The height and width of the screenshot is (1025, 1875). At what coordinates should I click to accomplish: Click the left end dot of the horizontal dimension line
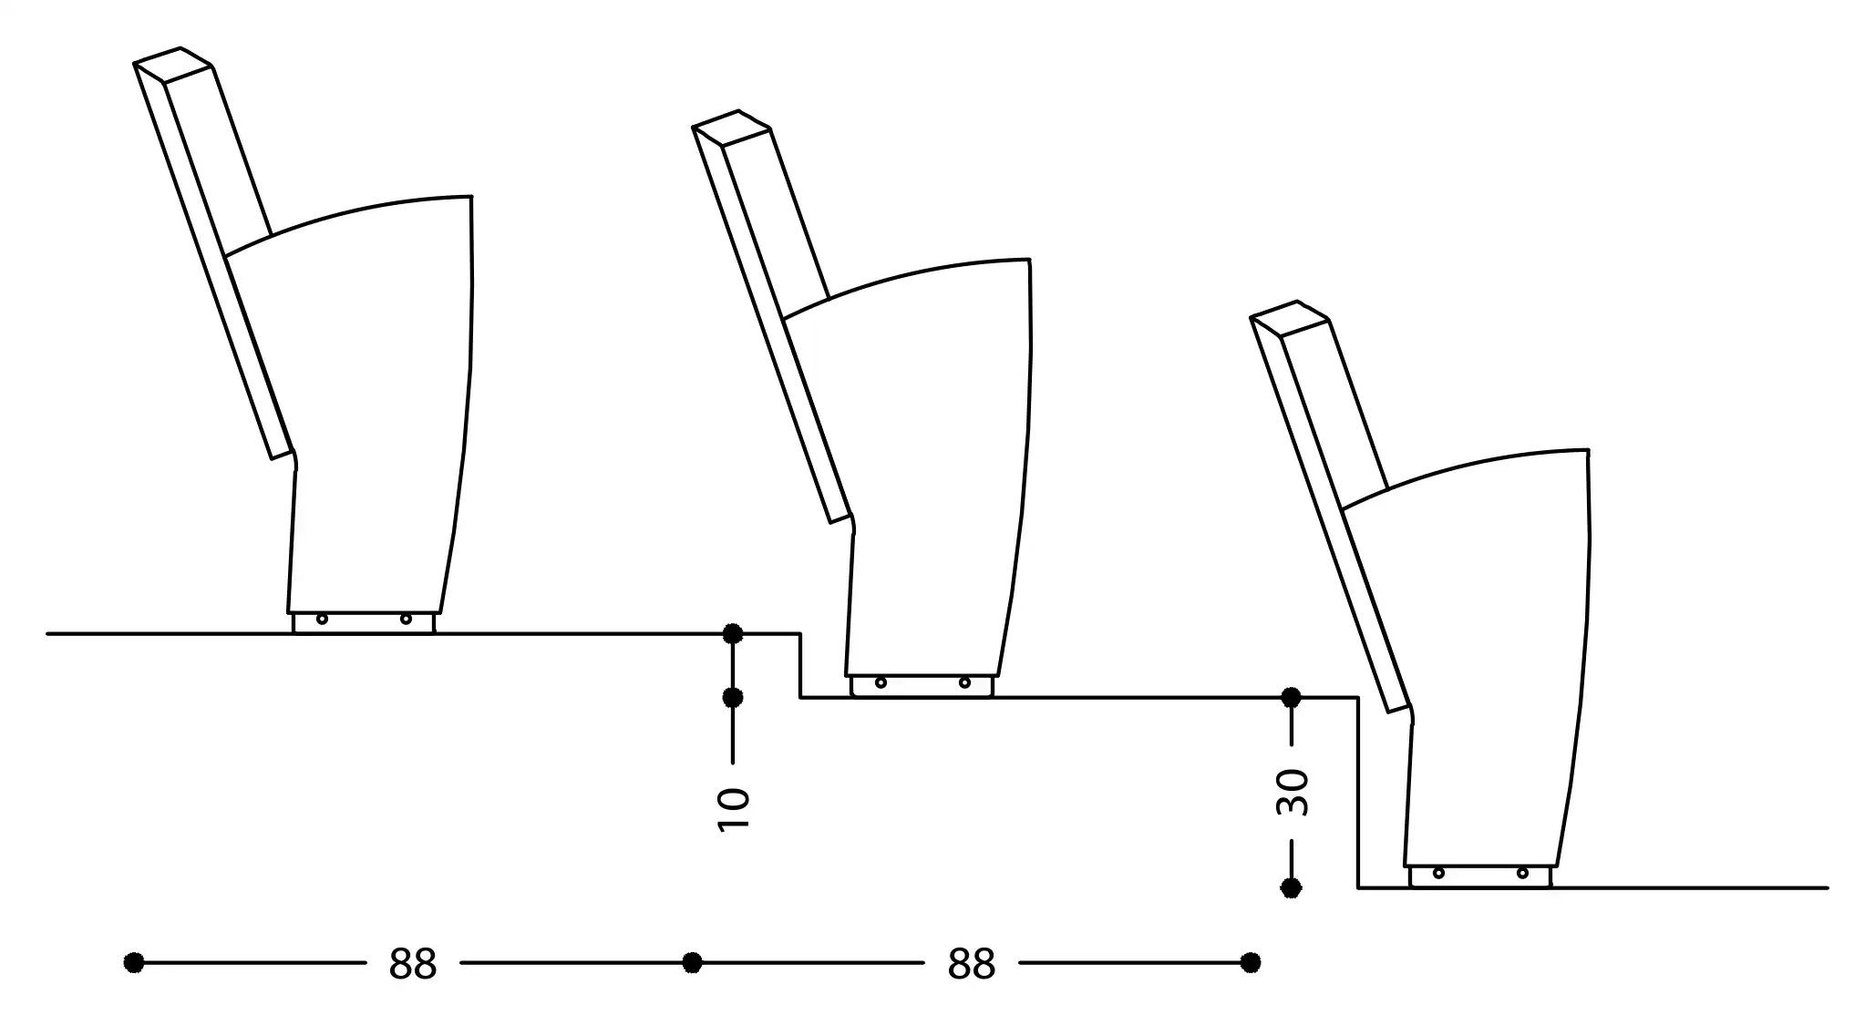click(134, 962)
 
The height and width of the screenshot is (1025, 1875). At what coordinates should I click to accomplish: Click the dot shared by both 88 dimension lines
click(693, 962)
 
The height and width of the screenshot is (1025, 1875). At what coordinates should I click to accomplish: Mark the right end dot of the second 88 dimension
click(1251, 962)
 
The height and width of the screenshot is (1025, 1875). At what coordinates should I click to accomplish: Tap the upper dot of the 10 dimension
click(733, 633)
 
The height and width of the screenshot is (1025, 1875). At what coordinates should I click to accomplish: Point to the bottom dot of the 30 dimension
click(1291, 887)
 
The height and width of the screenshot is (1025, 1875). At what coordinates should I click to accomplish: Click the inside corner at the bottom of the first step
click(801, 698)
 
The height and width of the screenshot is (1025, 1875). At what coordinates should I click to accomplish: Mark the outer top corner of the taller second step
click(1358, 698)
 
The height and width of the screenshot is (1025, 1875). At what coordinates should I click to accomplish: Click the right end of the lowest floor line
click(1828, 887)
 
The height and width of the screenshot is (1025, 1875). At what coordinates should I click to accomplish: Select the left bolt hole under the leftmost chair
click(322, 620)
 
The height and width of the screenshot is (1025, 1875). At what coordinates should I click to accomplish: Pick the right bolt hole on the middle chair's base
click(964, 682)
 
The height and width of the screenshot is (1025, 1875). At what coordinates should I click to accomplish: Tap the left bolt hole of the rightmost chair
click(1438, 873)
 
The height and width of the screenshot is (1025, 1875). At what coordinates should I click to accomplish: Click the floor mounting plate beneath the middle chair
click(922, 686)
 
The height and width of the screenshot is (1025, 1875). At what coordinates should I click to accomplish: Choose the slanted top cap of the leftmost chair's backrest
click(173, 65)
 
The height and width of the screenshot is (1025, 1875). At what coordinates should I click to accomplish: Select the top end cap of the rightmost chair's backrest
click(1289, 319)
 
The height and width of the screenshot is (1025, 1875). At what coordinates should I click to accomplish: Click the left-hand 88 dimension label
click(413, 963)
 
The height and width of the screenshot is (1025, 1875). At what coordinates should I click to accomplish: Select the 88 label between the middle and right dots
click(972, 963)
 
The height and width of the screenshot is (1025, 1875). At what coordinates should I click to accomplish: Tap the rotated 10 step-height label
click(733, 809)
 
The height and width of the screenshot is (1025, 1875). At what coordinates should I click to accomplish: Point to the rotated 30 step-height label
click(1292, 793)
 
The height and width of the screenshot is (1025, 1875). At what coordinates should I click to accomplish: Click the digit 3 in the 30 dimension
click(1292, 805)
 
